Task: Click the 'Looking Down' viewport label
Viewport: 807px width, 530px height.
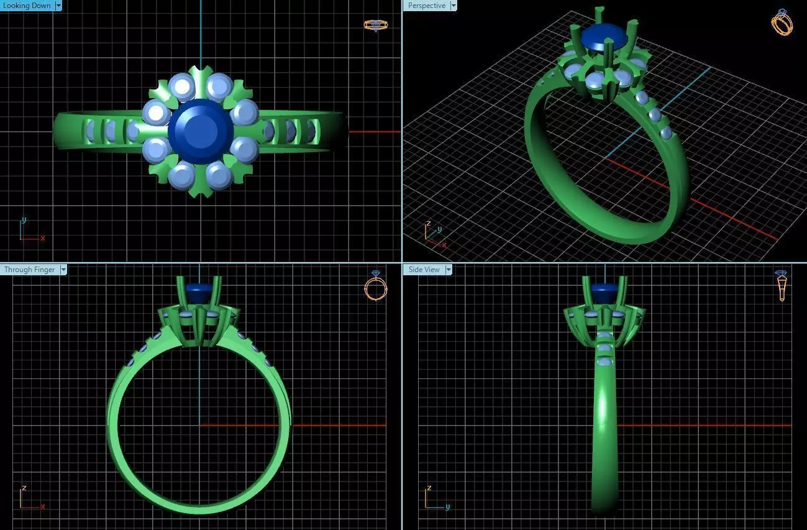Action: click(27, 6)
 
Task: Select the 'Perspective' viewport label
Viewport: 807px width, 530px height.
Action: click(426, 6)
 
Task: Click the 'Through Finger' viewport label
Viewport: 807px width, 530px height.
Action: click(29, 270)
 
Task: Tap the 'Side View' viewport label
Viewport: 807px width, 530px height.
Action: click(424, 270)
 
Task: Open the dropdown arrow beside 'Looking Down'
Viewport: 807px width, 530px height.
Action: click(58, 6)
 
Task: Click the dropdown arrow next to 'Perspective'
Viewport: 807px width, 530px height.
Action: click(453, 6)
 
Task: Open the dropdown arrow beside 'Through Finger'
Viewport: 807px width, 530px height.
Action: click(63, 270)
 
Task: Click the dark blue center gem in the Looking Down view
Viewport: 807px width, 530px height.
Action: click(200, 131)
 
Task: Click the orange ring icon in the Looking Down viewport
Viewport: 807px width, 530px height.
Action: click(376, 25)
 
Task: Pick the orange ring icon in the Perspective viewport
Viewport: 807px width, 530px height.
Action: click(782, 22)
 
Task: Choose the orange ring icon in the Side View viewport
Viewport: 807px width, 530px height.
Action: click(782, 286)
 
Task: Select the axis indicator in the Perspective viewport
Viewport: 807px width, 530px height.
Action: click(434, 235)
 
